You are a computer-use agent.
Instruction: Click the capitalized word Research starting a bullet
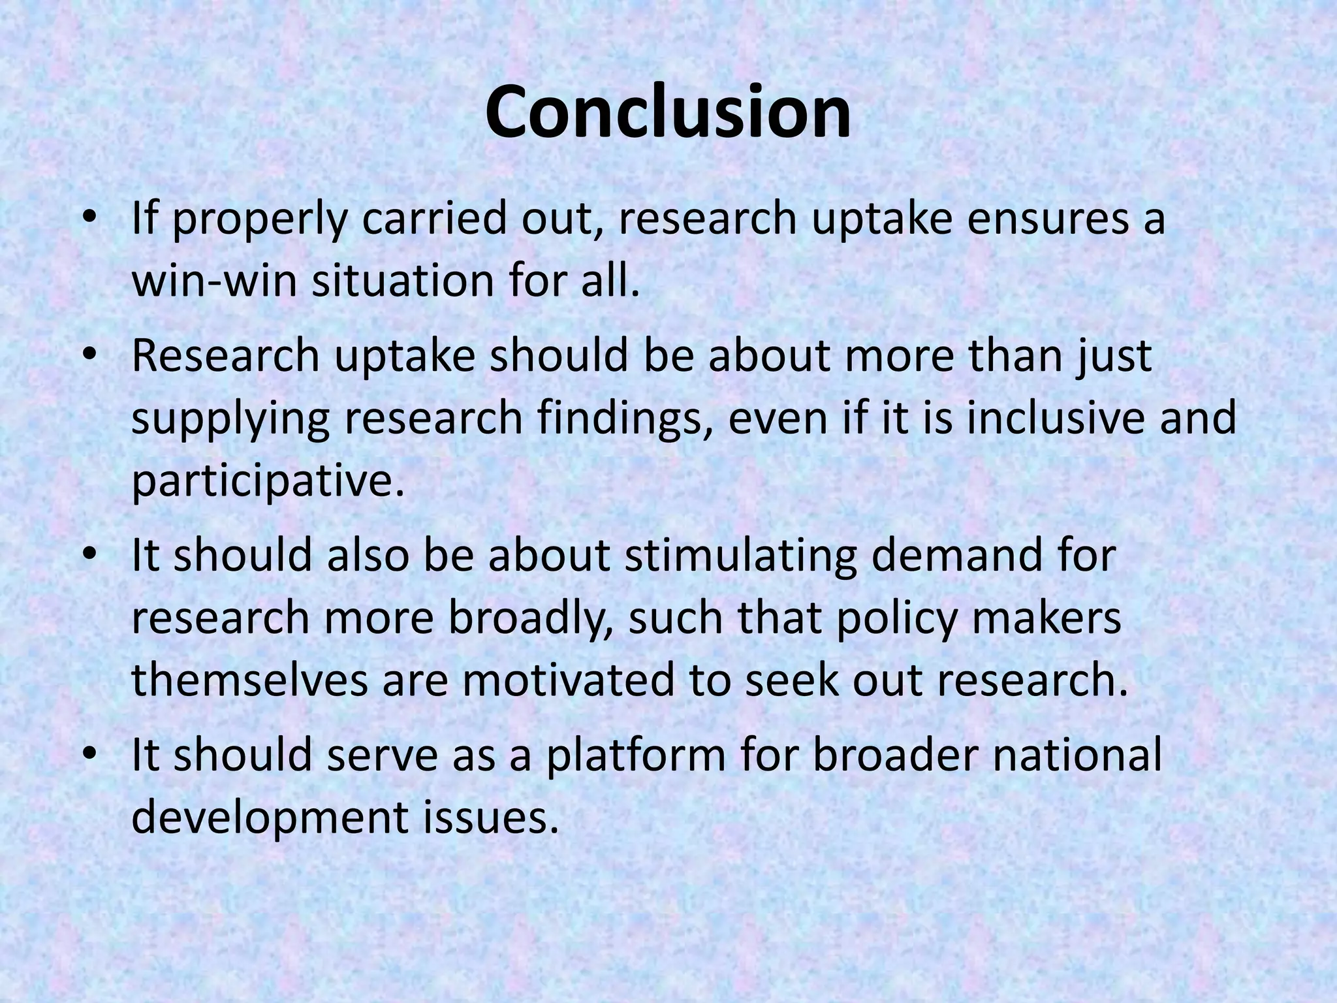click(226, 356)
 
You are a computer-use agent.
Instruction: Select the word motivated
click(568, 680)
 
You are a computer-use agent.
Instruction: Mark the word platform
click(637, 756)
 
